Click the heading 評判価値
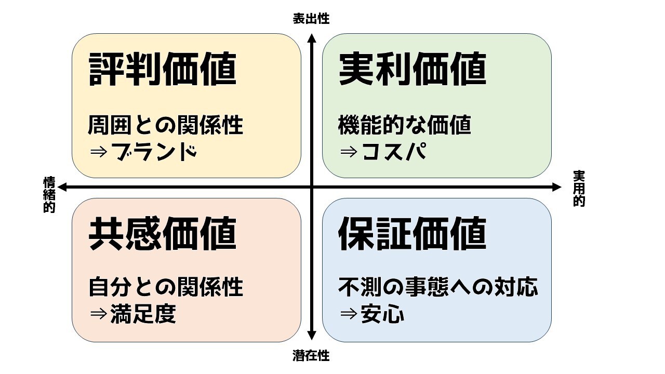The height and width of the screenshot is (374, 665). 163,70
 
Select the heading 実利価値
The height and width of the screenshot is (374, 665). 413,70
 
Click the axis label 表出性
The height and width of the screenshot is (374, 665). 311,19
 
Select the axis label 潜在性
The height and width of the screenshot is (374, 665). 311,356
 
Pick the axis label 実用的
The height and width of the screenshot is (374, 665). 579,189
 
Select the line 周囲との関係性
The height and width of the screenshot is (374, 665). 166,125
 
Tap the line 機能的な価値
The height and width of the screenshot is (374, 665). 405,125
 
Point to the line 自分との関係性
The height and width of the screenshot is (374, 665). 166,287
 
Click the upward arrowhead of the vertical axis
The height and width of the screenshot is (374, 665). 312,37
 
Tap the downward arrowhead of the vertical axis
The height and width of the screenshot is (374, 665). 312,337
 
